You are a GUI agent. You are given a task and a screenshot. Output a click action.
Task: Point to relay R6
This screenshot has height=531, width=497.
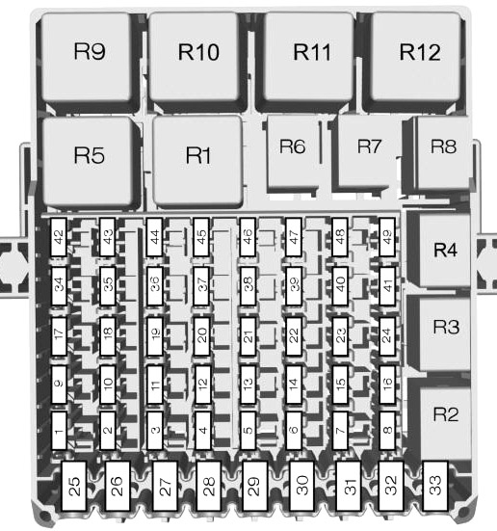[x=293, y=151]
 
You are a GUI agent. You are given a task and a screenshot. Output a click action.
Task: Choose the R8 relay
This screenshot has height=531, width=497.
[x=443, y=151]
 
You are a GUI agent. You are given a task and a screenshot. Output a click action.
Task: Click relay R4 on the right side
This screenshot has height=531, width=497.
[x=445, y=250]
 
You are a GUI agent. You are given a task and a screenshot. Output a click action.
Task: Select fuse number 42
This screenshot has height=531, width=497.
[x=59, y=237]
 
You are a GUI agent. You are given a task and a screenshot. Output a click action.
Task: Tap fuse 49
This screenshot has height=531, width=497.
[x=387, y=237]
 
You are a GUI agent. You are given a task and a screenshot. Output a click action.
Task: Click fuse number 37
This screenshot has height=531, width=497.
[x=201, y=286]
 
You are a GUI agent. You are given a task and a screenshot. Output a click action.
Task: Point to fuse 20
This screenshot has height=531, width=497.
[x=201, y=336]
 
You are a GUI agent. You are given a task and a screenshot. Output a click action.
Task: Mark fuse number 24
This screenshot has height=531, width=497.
[x=387, y=336]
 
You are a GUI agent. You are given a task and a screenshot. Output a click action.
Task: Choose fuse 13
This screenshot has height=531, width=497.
[x=248, y=385]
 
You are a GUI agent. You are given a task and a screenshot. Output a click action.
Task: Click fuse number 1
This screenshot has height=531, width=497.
[x=59, y=431]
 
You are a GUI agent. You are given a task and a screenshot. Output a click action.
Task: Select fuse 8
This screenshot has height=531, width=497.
[x=387, y=431]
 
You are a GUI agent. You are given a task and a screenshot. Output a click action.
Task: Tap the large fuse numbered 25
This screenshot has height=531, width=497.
[x=74, y=486]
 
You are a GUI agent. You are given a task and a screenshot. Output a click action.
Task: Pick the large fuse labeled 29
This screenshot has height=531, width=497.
[x=254, y=486]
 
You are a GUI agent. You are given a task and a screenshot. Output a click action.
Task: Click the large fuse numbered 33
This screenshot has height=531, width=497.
[x=435, y=486]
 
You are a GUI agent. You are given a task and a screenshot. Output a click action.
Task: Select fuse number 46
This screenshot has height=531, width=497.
[x=248, y=237]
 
